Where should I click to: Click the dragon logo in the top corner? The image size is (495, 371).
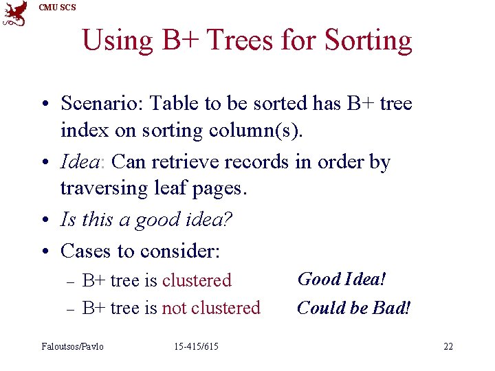[15, 14]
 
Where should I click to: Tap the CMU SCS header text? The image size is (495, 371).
[58, 8]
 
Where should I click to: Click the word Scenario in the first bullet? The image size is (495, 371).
[102, 104]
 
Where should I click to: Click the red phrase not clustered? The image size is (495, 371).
[210, 308]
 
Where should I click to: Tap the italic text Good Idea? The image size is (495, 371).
[341, 279]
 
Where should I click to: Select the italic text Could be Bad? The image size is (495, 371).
[353, 308]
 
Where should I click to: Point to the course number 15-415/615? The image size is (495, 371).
[196, 346]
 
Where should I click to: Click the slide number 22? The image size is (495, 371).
[448, 346]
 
